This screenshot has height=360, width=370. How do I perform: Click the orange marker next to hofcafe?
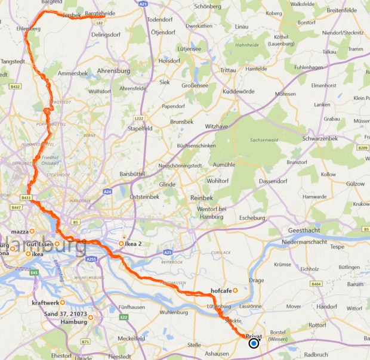pyautogui.click(x=235, y=290)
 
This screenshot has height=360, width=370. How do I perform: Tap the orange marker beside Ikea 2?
pyautogui.click(x=122, y=243)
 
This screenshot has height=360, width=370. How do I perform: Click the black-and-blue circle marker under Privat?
pyautogui.click(x=254, y=343)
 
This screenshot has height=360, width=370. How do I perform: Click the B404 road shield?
pyautogui.click(x=316, y=284)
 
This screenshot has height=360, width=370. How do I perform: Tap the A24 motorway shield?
pyautogui.click(x=107, y=192)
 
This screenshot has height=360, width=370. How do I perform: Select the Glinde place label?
pyautogui.click(x=167, y=185)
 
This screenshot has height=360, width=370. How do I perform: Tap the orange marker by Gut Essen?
pyautogui.click(x=57, y=244)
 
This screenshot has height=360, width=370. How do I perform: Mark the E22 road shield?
pyautogui.click(x=124, y=317)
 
